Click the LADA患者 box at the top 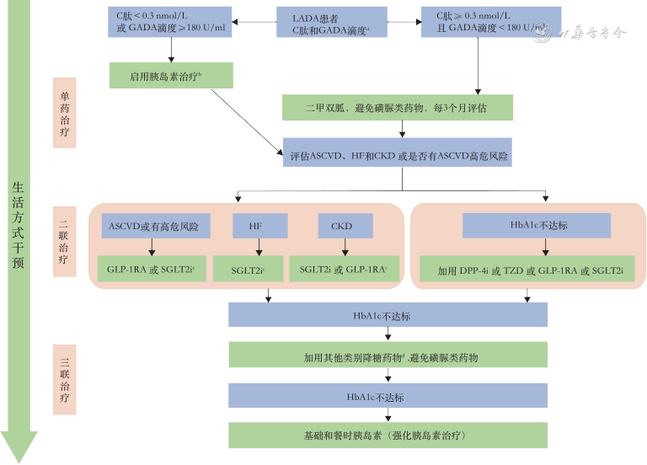pyautogui.click(x=332, y=23)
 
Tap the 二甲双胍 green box pyautogui.click(x=397, y=108)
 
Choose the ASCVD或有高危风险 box pyautogui.click(x=153, y=226)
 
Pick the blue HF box pyautogui.click(x=259, y=226)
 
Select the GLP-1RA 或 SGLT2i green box pyautogui.click(x=151, y=269)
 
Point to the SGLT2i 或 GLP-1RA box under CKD pyautogui.click(x=343, y=269)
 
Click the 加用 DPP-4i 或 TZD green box pyautogui.click(x=530, y=269)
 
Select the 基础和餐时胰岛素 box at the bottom pyautogui.click(x=388, y=436)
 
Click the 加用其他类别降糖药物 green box pyautogui.click(x=388, y=355)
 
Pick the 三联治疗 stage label pyautogui.click(x=65, y=380)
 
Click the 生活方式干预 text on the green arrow pyautogui.click(x=19, y=219)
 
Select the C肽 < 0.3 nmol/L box pyautogui.click(x=171, y=23)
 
